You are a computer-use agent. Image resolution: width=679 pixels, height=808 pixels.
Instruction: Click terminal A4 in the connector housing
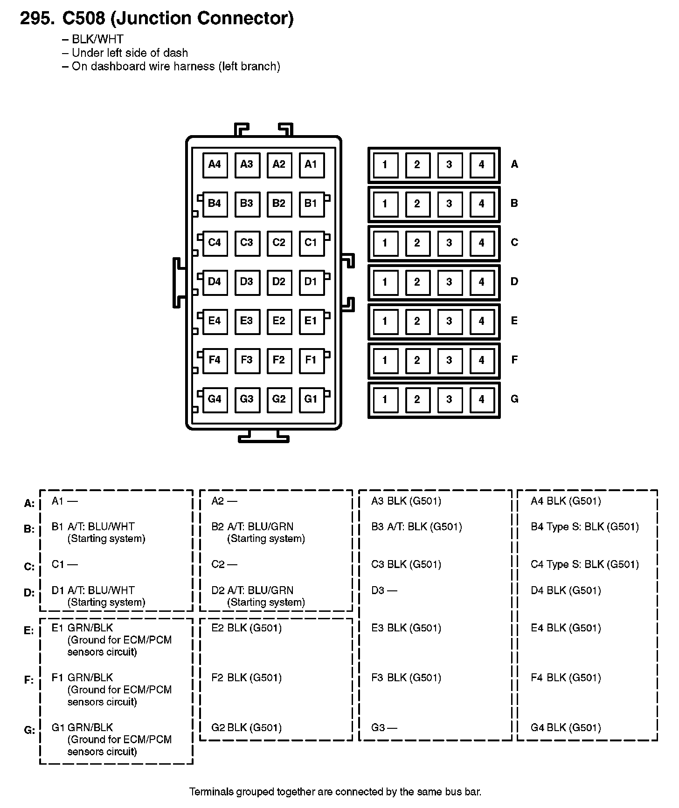pyautogui.click(x=215, y=164)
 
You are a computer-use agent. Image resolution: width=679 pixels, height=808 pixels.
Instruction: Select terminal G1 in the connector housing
pyautogui.click(x=311, y=399)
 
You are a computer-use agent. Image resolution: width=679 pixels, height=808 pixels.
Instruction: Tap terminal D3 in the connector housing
pyautogui.click(x=247, y=282)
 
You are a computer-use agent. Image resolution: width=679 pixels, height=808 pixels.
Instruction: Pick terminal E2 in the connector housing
pyautogui.click(x=279, y=321)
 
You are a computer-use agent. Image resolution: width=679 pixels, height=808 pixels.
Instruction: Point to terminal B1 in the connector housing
pyautogui.click(x=311, y=204)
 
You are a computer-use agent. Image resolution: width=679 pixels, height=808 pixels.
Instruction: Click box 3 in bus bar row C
pyautogui.click(x=449, y=243)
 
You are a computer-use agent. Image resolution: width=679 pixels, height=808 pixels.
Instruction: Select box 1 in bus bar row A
pyautogui.click(x=385, y=164)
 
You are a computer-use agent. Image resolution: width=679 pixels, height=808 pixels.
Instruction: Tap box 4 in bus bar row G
pyautogui.click(x=481, y=399)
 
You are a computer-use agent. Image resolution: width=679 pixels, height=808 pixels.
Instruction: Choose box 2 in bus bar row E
pyautogui.click(x=417, y=321)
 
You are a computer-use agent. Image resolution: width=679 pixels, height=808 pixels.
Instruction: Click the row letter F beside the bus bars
pyautogui.click(x=514, y=360)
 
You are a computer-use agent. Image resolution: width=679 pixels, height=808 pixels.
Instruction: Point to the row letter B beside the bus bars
pyautogui.click(x=514, y=203)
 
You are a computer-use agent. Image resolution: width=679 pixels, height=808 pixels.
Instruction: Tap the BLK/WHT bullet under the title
pyautogui.click(x=97, y=40)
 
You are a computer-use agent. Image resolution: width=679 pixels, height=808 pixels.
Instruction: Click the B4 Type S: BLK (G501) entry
pyautogui.click(x=585, y=527)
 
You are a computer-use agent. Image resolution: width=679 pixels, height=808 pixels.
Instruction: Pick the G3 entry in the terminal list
pyautogui.click(x=384, y=727)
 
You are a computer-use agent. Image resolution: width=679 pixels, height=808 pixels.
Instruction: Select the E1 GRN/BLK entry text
pyautogui.click(x=83, y=628)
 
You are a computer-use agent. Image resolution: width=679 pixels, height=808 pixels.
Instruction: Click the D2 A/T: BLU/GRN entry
pyautogui.click(x=252, y=590)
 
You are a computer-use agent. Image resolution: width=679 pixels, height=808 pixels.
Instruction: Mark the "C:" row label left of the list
pyautogui.click(x=29, y=567)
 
